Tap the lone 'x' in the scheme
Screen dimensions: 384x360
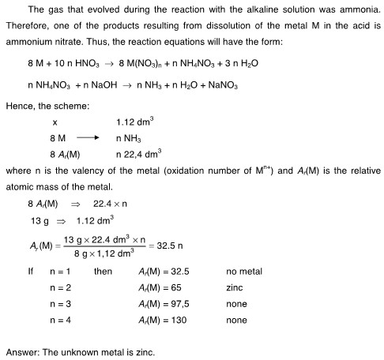coord(55,122)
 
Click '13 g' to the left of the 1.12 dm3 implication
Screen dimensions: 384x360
coord(40,219)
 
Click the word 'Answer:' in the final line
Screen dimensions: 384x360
coord(24,351)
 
